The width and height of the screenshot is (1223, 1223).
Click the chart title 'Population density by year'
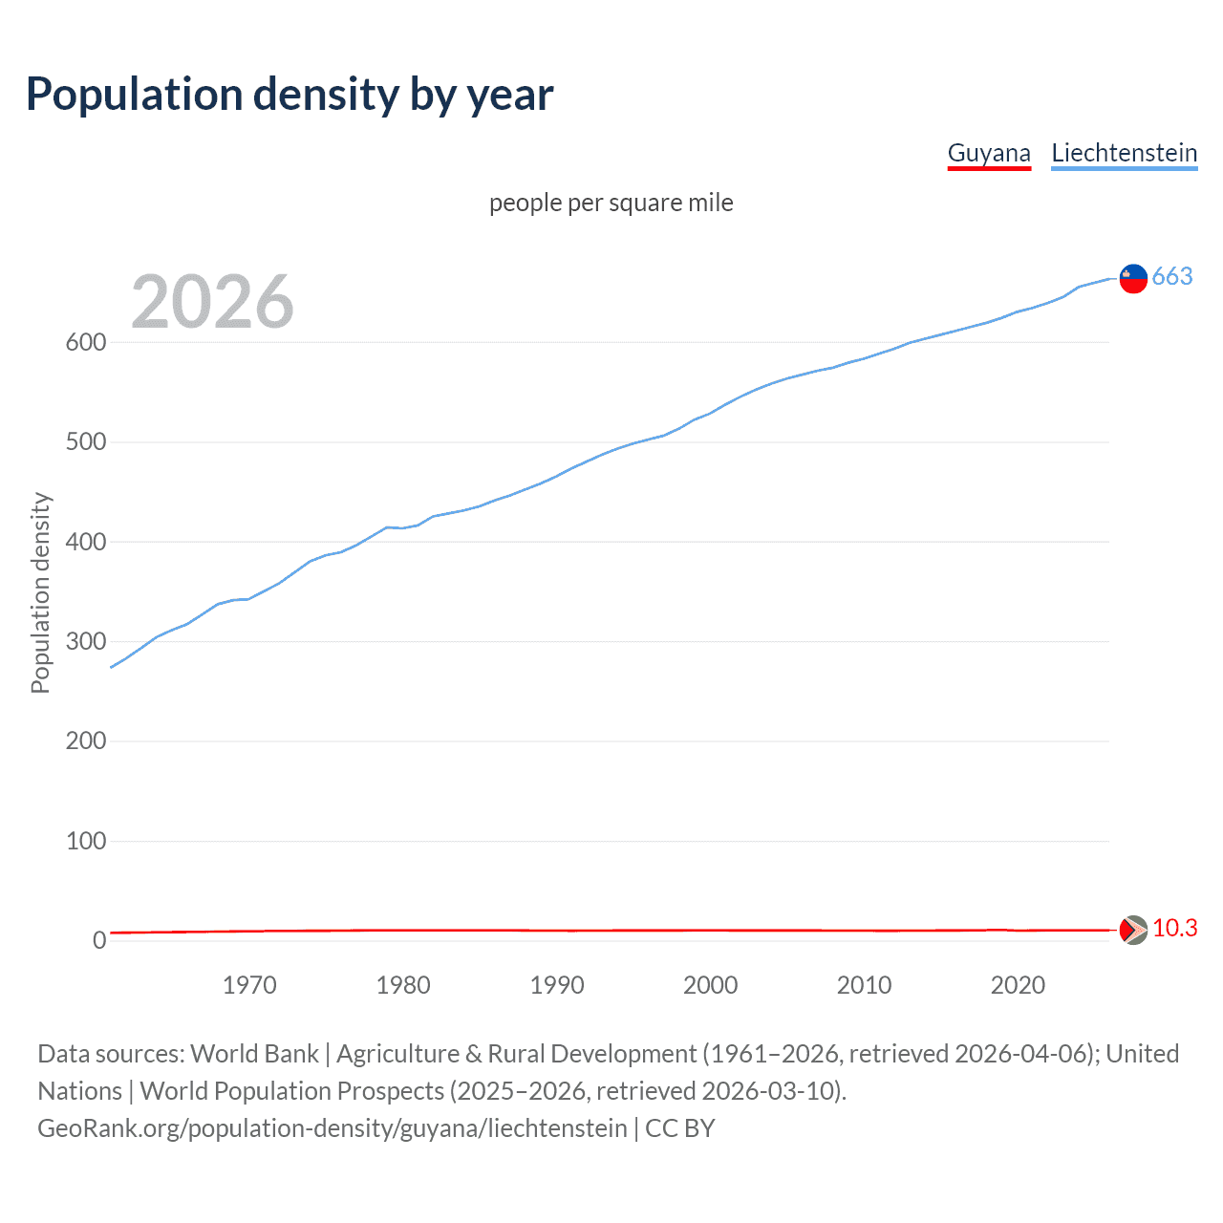[290, 95]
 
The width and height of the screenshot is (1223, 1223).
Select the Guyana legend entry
[989, 153]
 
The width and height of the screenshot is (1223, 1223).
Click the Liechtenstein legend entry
[1124, 153]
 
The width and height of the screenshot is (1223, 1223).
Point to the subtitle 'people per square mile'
[611, 203]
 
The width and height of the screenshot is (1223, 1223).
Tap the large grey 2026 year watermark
[212, 302]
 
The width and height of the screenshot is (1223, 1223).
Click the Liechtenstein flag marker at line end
[1133, 278]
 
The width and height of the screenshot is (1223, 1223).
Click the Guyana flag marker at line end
[1133, 929]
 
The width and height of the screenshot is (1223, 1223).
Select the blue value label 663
[1172, 276]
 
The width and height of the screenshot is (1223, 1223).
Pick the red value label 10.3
[1174, 928]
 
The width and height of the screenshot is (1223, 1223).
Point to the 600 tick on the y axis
[86, 342]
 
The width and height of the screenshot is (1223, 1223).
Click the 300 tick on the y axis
[86, 641]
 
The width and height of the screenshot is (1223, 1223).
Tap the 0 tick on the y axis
[99, 940]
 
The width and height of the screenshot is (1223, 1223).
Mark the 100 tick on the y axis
[86, 841]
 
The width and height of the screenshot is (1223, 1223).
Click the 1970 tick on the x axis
[249, 985]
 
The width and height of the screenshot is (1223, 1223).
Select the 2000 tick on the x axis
[710, 985]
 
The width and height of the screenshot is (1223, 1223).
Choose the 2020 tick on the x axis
[1018, 985]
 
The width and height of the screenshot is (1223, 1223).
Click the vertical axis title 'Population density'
[40, 592]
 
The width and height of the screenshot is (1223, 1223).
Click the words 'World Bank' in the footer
[254, 1054]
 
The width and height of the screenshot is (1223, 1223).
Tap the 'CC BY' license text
[679, 1128]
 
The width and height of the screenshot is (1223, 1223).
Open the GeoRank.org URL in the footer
[332, 1128]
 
